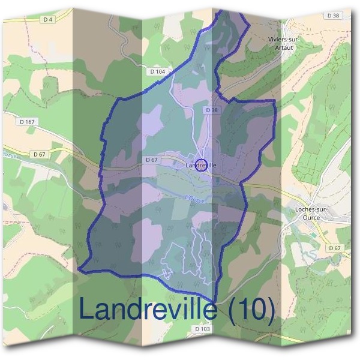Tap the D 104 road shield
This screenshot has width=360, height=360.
(x=157, y=71)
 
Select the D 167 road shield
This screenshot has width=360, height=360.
(x=28, y=122)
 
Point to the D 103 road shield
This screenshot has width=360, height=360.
(x=203, y=329)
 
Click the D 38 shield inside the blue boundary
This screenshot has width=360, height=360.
(x=211, y=110)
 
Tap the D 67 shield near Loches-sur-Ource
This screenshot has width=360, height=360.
(x=334, y=248)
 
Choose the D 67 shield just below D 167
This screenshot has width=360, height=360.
(x=40, y=154)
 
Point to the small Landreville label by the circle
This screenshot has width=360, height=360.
(x=201, y=165)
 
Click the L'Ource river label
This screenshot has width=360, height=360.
(x=195, y=199)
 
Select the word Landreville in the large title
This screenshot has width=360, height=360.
(x=147, y=310)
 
